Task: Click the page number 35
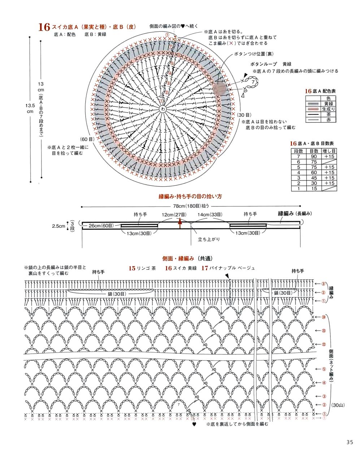tap(349, 442)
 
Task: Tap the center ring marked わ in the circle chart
tap(163, 109)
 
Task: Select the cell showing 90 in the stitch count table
tap(314, 156)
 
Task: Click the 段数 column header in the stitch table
tap(299, 151)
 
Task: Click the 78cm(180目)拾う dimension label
tap(191, 206)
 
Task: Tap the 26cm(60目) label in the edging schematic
tap(101, 226)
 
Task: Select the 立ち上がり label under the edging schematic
tap(209, 239)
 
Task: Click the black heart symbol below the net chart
tap(194, 424)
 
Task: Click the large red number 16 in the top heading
tap(44, 27)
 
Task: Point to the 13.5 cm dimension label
tap(30, 108)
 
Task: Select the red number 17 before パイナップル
tap(205, 268)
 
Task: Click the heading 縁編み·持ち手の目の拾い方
tap(190, 196)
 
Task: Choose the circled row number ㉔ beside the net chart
tap(324, 317)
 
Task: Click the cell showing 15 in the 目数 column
tap(314, 189)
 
